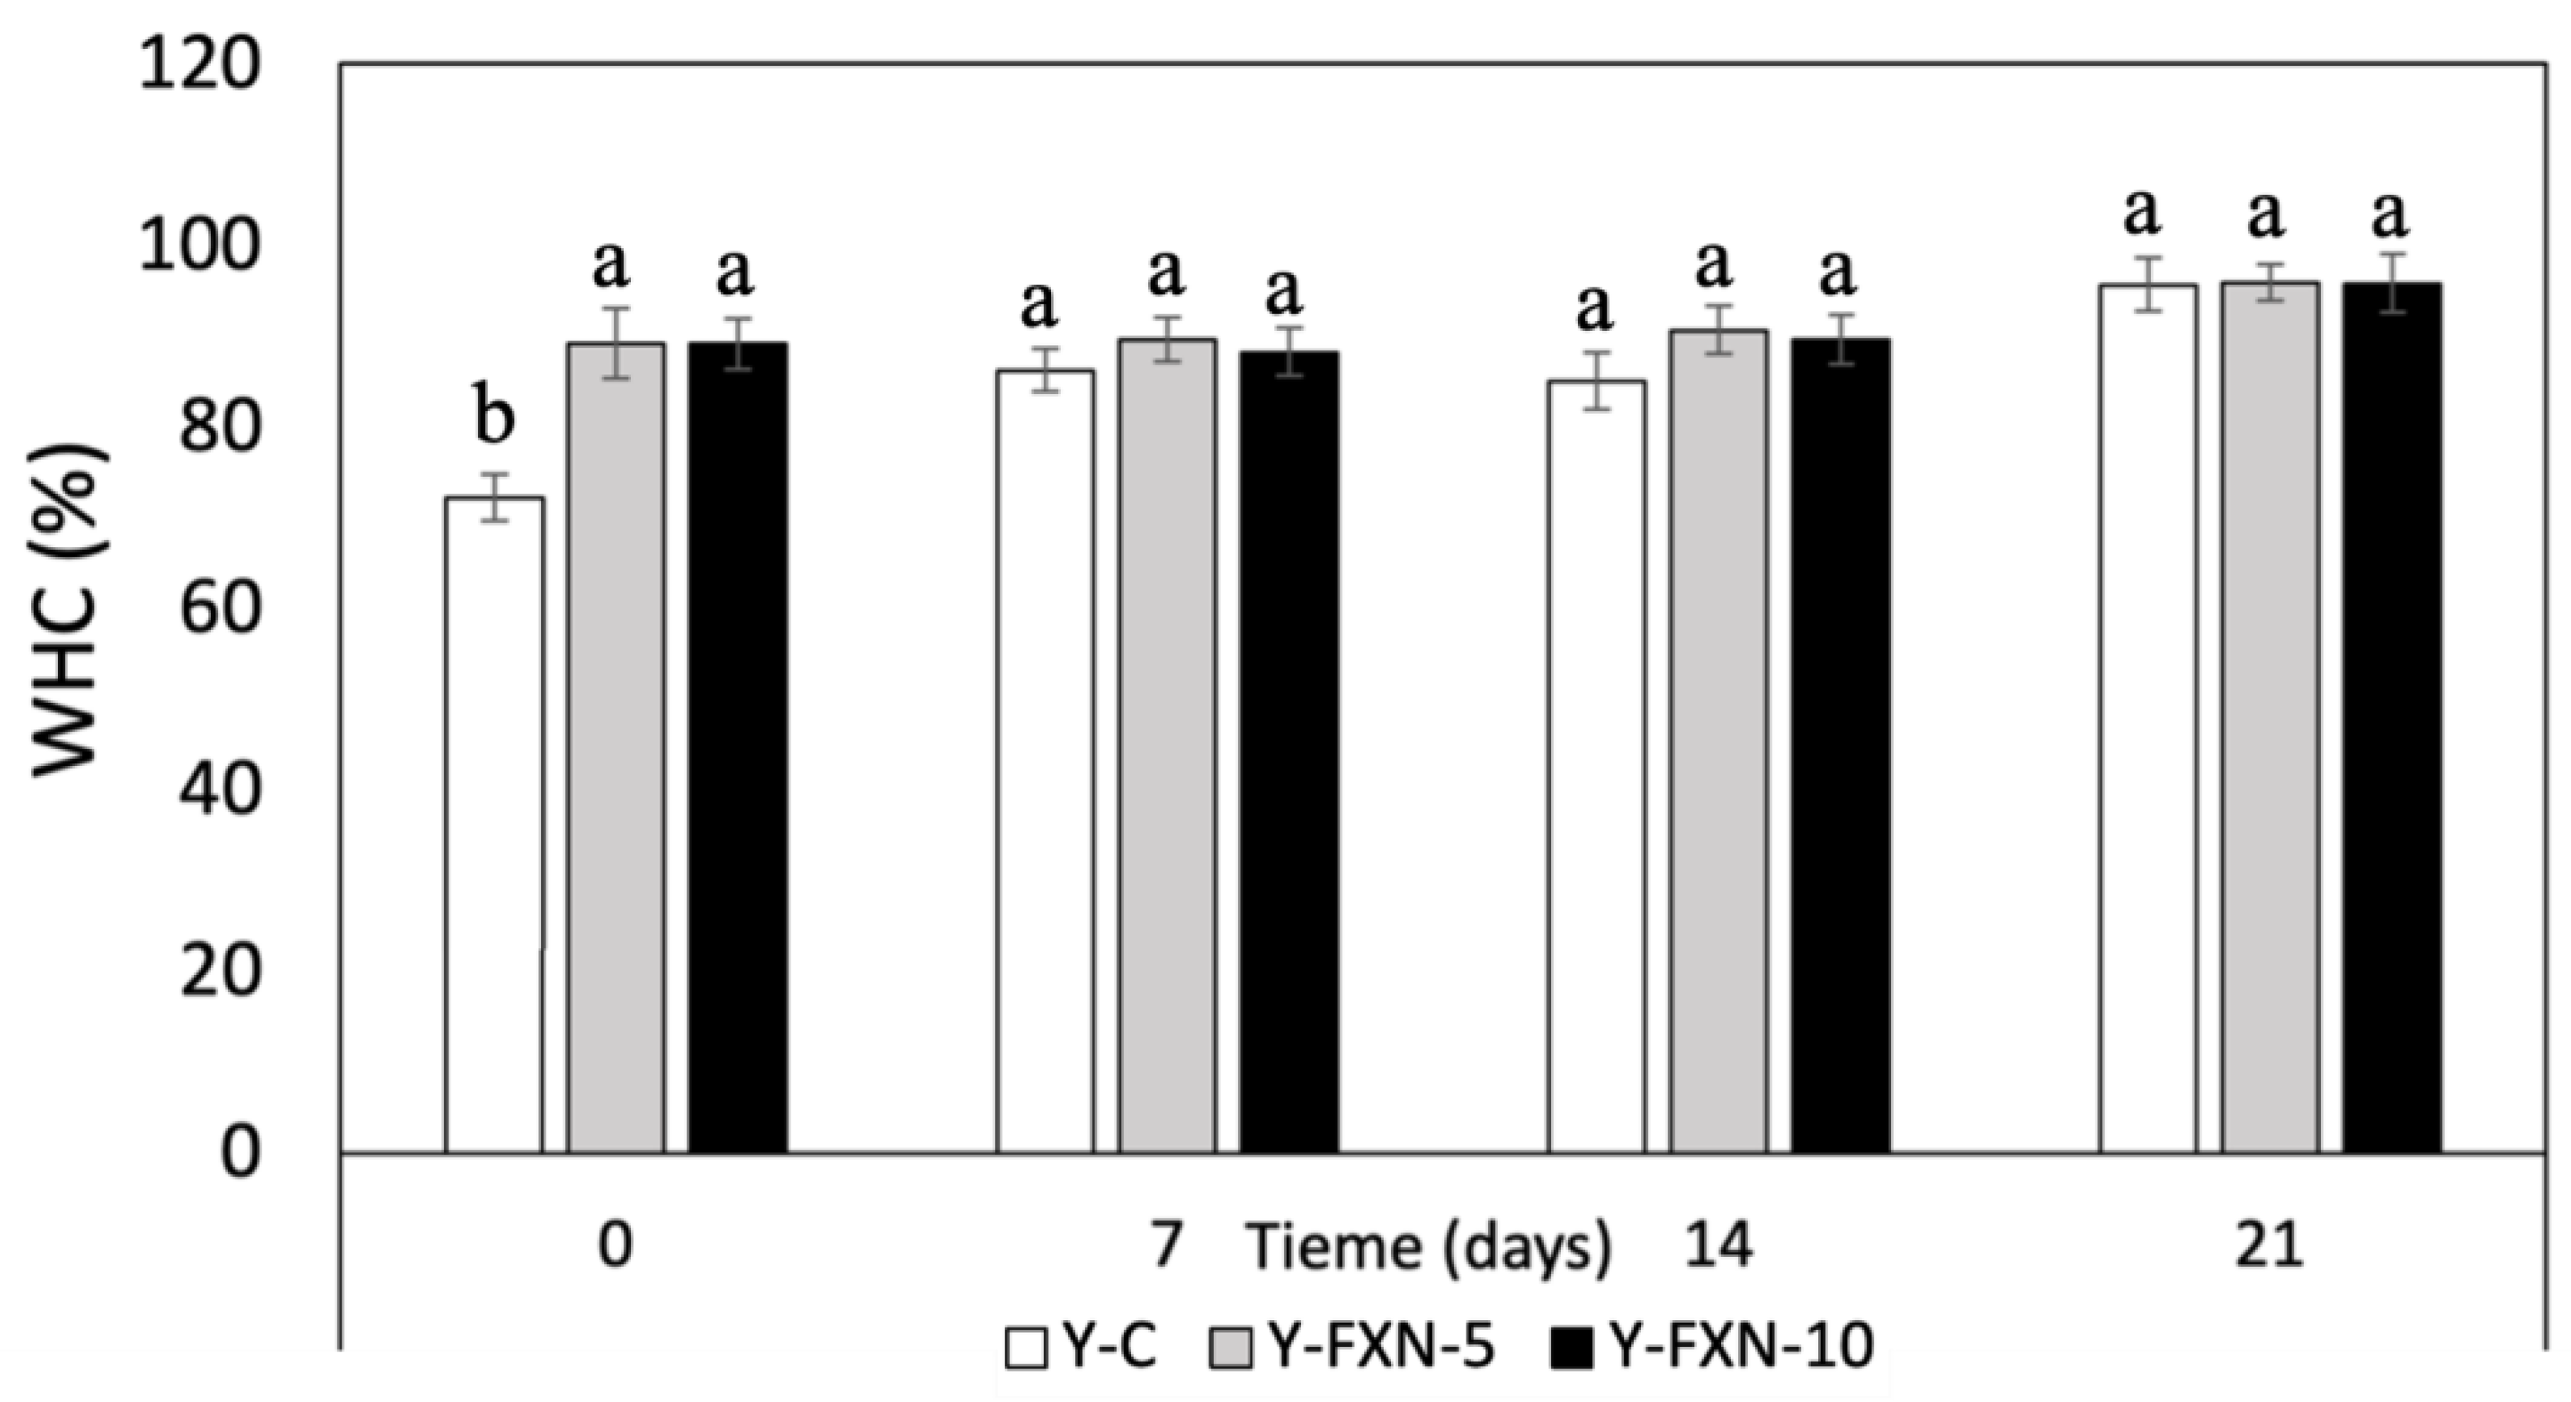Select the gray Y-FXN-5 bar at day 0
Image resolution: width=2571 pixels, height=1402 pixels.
pos(616,748)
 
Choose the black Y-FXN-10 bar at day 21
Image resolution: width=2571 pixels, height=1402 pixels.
pos(2391,719)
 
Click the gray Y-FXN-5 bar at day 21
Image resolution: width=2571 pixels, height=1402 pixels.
pos(2268,719)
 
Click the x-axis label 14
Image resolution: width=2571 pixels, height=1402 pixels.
pos(1718,1247)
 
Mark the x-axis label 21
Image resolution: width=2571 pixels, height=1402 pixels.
pos(2268,1247)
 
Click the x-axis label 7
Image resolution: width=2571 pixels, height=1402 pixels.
pos(1167,1247)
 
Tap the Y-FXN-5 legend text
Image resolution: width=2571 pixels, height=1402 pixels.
pos(1382,1347)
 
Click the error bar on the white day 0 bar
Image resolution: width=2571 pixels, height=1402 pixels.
pos(494,497)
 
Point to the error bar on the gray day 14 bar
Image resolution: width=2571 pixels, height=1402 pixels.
pos(1718,329)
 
